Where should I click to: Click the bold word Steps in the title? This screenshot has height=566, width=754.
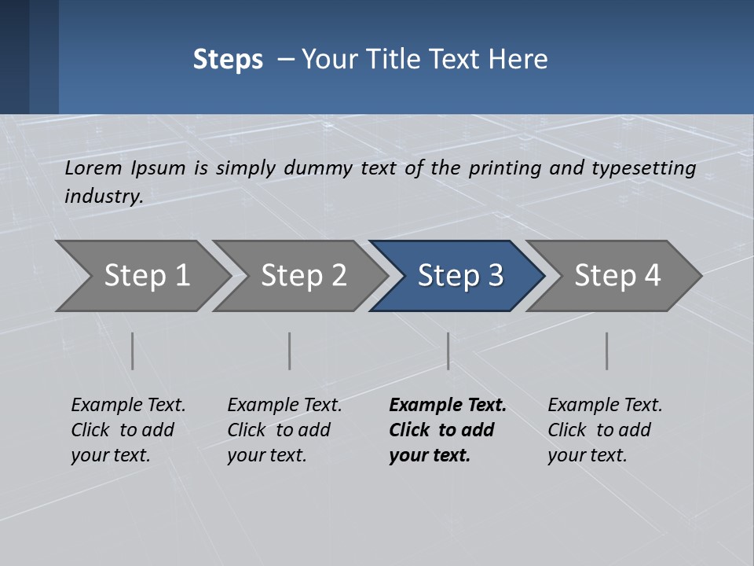(228, 60)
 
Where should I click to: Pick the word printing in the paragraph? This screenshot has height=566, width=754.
(507, 168)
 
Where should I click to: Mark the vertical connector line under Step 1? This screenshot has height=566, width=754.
(133, 351)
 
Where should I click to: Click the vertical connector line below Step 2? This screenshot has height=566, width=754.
(290, 351)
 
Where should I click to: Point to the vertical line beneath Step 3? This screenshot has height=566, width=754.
(448, 351)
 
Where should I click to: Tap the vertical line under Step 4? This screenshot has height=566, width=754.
(607, 351)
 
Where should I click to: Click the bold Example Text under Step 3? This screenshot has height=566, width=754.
(448, 406)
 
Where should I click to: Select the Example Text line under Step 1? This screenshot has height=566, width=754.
(128, 406)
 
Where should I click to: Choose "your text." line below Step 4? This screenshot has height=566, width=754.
(587, 455)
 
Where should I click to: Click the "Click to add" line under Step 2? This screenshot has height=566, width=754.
(279, 431)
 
